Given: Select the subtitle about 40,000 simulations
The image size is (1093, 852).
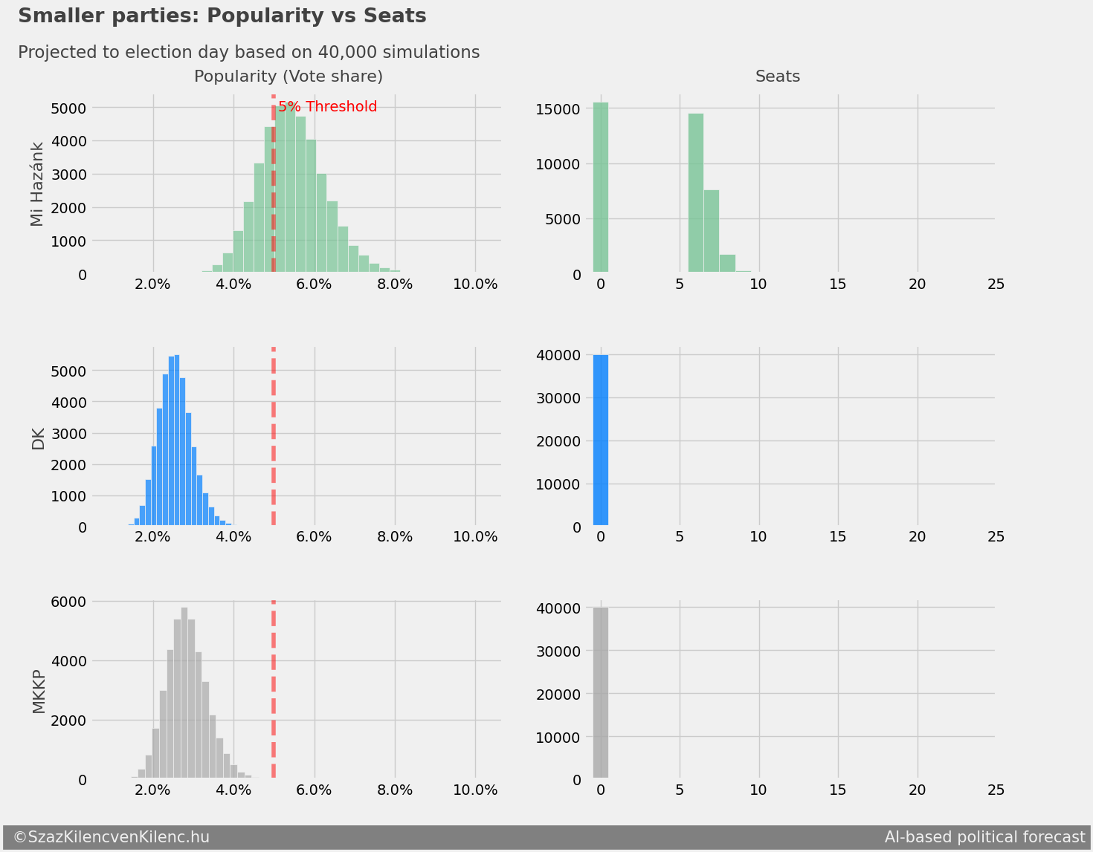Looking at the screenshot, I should (248, 53).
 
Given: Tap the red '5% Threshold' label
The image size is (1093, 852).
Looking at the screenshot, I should (328, 107).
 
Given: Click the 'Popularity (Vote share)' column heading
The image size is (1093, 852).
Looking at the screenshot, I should (288, 77).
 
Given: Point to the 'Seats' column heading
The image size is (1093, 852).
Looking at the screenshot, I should (777, 77).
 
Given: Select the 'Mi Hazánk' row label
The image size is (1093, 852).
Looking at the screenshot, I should (38, 184).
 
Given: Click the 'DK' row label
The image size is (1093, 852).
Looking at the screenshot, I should (38, 439).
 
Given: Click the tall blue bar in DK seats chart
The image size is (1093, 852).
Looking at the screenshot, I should (601, 440).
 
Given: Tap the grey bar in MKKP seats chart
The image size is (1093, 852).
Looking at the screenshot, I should (601, 693).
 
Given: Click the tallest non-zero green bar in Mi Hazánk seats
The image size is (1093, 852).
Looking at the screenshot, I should (695, 193).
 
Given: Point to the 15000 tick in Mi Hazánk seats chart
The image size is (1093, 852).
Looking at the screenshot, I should (558, 109).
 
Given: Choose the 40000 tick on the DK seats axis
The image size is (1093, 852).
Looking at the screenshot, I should (558, 355).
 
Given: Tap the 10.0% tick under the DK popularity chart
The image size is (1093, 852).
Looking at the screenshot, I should (475, 537).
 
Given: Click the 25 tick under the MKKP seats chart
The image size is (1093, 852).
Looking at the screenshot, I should (996, 790).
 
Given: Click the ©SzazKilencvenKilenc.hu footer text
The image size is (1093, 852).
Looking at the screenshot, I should (112, 837).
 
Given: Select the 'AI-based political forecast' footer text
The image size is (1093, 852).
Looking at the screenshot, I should (984, 837).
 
